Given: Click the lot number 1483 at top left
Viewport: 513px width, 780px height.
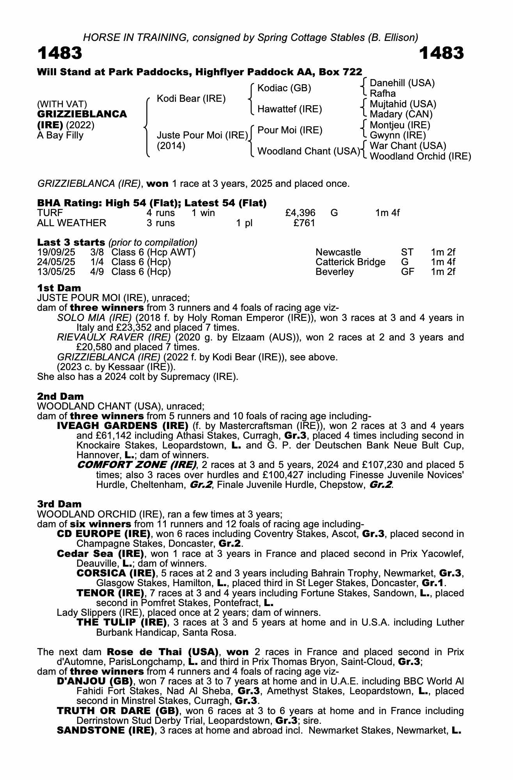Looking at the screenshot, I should [x=60, y=53].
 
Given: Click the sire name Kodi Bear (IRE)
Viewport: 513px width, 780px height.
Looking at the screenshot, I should [x=191, y=99].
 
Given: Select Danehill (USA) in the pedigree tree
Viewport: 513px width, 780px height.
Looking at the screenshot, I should [x=402, y=83].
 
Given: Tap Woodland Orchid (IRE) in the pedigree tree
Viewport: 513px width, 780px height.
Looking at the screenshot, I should [x=420, y=156].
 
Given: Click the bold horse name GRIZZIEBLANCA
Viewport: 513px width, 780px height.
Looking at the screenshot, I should [x=82, y=114].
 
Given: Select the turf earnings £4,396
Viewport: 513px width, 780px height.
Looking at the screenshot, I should [x=300, y=213].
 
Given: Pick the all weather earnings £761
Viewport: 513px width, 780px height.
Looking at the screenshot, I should [x=304, y=223].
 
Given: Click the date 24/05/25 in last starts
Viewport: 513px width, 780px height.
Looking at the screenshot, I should [x=56, y=262].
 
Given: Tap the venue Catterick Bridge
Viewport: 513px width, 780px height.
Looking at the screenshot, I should [x=350, y=262].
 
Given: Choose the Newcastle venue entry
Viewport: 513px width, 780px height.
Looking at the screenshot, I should [x=338, y=252].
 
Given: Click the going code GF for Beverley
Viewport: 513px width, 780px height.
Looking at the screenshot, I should [x=407, y=272].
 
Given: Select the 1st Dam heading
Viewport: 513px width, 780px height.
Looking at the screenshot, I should [x=59, y=288].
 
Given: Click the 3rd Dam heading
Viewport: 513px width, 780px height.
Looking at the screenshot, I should [x=60, y=504].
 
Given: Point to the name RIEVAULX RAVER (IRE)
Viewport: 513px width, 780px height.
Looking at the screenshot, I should [x=114, y=337].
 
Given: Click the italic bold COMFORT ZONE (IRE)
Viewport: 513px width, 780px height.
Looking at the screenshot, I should [x=137, y=465].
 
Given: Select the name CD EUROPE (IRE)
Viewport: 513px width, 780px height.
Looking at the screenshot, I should [x=104, y=534].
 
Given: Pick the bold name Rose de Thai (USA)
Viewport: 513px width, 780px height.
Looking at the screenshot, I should [x=162, y=652].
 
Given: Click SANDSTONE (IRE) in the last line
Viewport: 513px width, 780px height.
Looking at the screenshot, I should [x=105, y=730].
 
